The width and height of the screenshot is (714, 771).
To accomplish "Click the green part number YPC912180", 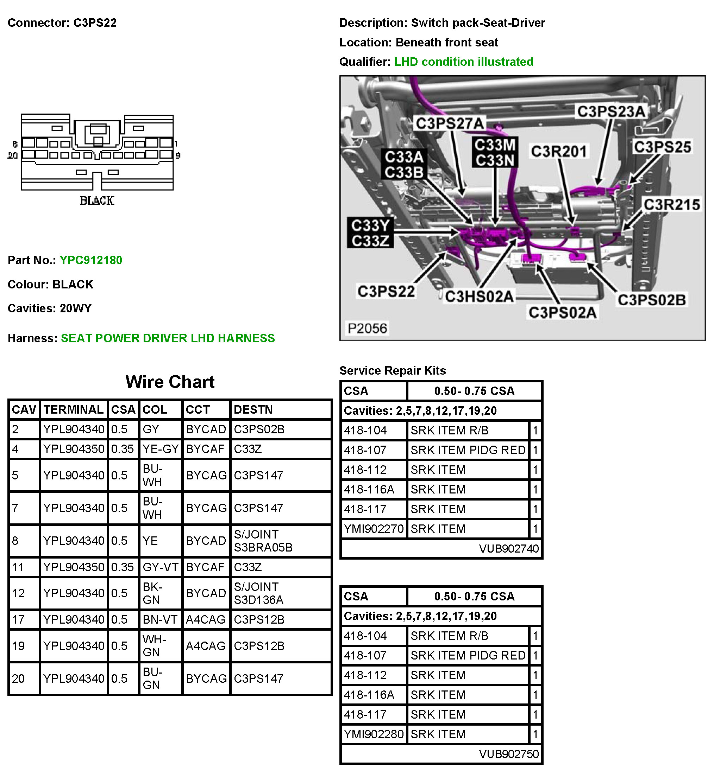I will coord(90,260).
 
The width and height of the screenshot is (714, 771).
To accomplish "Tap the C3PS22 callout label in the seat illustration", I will coord(386,292).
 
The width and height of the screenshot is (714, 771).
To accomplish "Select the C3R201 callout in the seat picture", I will coord(559,151).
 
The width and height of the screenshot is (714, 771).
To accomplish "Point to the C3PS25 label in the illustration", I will coord(662,147).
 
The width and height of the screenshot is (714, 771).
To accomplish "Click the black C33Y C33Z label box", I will coord(370,233).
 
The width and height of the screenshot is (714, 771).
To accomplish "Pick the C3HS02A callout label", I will coord(479,297).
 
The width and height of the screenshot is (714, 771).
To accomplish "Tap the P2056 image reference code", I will coord(367,329).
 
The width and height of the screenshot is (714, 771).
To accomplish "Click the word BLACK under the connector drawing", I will coord(97,201).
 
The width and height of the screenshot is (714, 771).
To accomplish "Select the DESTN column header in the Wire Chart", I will coord(253,410).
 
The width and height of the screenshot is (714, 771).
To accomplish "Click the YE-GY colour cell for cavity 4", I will coord(160,449).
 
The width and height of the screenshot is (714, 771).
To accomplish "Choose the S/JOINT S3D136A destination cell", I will coord(259,593).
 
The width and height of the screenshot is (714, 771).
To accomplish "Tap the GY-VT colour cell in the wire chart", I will coord(160,567).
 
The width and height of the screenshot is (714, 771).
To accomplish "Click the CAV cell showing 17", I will coord(18,620).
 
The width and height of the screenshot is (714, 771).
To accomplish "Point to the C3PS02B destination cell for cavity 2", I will coord(259,429).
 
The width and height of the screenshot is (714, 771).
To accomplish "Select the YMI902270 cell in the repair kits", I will coord(374,529).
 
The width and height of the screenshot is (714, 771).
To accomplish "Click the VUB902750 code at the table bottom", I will coord(508,754).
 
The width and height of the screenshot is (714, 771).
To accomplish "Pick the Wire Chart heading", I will coord(170,382).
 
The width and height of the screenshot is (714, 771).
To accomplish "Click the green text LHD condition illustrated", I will coord(463,62).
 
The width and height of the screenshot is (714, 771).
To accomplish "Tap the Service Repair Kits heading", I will coord(392,371).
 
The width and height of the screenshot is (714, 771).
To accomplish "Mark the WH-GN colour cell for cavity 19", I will coord(154,646).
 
